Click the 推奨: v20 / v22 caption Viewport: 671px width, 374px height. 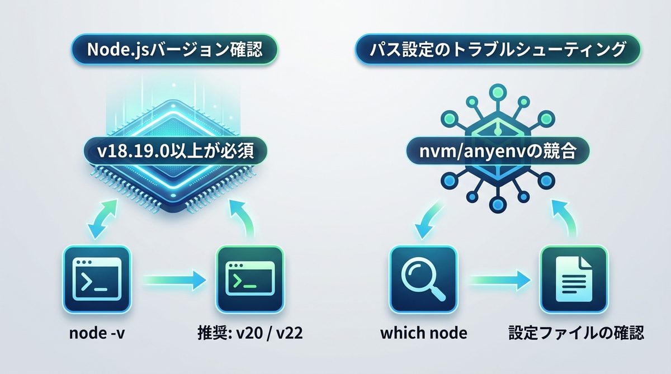[x=249, y=334]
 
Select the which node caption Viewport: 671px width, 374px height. [x=423, y=334]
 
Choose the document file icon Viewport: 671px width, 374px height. [x=574, y=278]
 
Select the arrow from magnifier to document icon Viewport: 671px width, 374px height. [x=499, y=278]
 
